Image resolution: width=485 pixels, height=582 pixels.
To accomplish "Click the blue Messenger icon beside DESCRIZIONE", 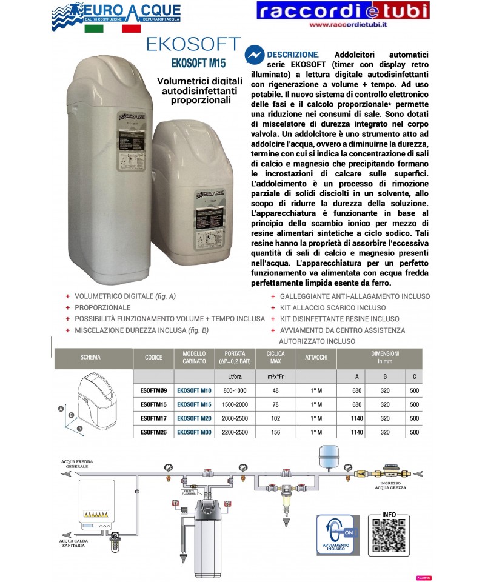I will click(x=254, y=56).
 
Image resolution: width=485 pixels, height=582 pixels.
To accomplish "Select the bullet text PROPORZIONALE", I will click(x=102, y=307).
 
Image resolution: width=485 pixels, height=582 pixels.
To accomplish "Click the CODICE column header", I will click(x=153, y=357).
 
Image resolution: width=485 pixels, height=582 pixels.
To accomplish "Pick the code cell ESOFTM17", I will click(x=153, y=418).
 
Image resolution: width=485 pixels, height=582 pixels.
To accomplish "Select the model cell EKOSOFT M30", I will click(x=194, y=432).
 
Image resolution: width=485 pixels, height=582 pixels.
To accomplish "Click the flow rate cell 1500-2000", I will click(x=234, y=404).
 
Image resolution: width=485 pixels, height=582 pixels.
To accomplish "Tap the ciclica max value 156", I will click(x=275, y=432).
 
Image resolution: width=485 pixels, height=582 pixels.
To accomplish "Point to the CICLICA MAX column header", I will click(x=275, y=357).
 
